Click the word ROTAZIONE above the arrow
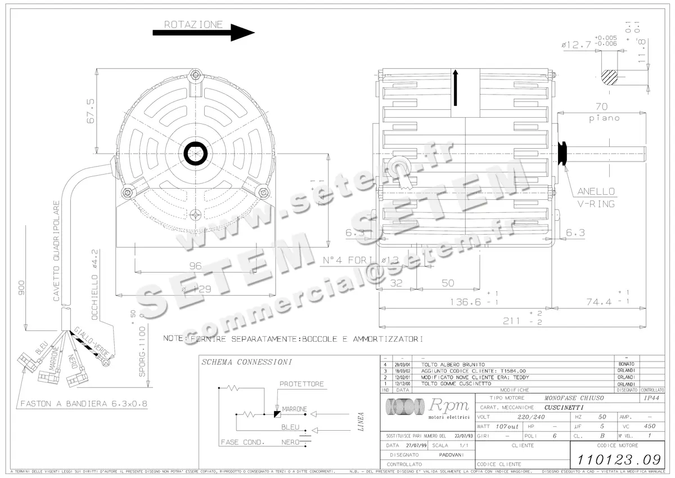(193, 25)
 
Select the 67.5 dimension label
(89, 111)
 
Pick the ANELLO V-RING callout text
(596, 197)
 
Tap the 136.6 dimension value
(465, 302)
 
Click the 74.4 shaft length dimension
(601, 302)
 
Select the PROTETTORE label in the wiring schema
(301, 384)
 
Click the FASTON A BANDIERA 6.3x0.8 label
(79, 404)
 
